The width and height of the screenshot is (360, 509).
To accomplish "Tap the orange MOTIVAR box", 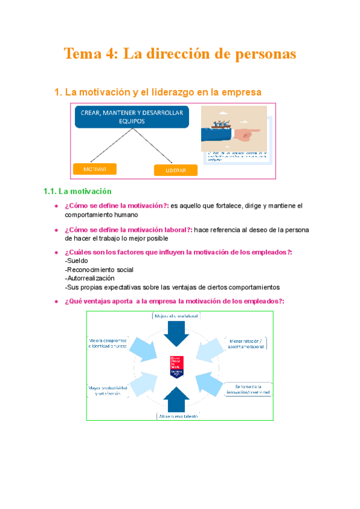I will (x=94, y=169).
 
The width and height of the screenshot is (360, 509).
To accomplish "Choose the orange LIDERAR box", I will (x=175, y=170).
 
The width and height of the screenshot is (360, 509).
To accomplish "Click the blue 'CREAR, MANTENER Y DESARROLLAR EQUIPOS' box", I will (x=132, y=116).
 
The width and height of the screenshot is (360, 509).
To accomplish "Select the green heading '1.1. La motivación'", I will (x=78, y=191).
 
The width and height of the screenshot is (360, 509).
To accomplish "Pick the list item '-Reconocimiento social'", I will (x=98, y=270).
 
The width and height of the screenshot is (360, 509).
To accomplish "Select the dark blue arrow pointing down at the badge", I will (x=178, y=332).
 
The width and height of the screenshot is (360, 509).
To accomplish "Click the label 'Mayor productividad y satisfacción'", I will (x=108, y=390).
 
